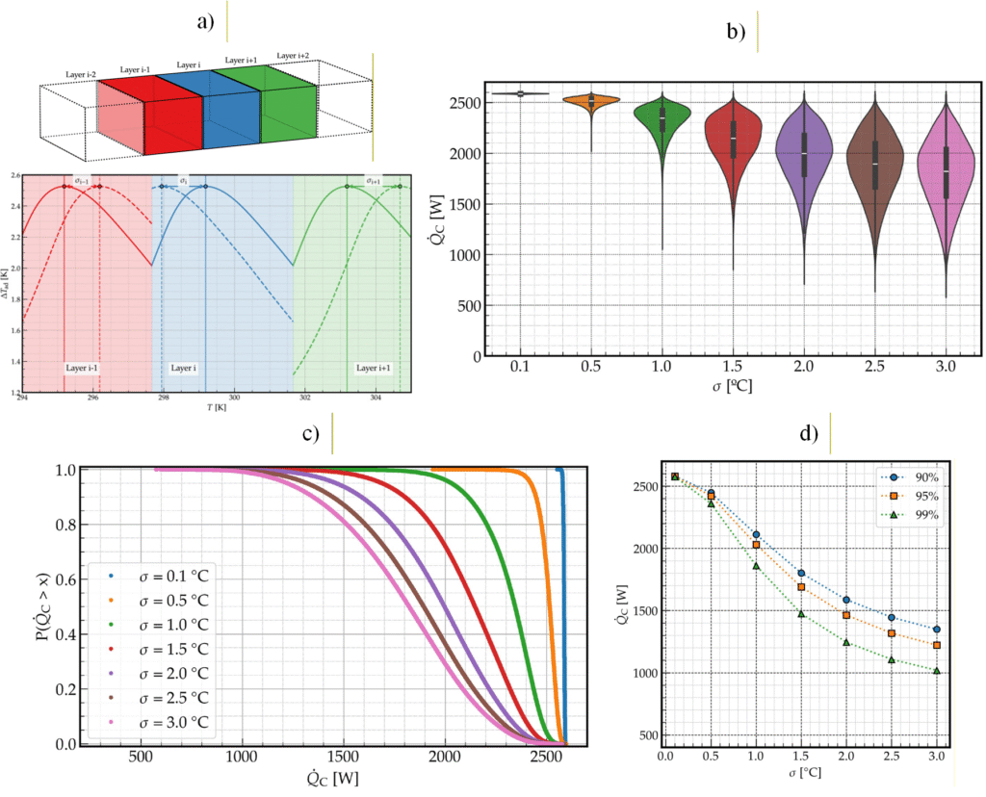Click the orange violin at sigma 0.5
[591, 101]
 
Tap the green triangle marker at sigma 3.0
[936, 671]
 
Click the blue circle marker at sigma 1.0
[756, 535]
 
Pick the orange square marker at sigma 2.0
[846, 615]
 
